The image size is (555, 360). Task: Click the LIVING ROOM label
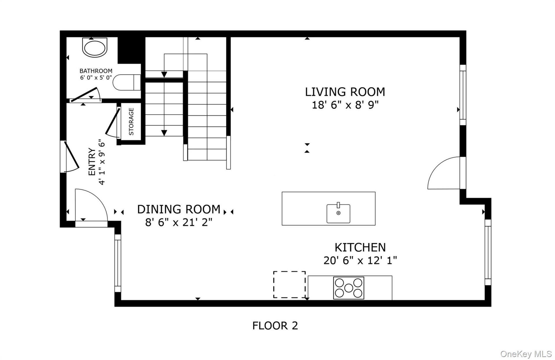[345, 92]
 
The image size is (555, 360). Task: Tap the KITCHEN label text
[360, 248]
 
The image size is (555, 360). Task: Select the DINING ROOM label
[179, 209]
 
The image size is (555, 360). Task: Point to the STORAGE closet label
[131, 121]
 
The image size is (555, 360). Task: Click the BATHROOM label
[96, 71]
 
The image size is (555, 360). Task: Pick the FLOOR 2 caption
[275, 326]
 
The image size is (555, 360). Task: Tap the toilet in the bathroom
[126, 82]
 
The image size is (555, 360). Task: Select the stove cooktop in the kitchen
[349, 288]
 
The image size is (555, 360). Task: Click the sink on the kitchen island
[338, 213]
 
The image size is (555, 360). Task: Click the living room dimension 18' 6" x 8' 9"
[345, 105]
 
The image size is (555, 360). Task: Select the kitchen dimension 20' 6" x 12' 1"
[360, 261]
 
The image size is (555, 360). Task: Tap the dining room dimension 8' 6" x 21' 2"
[179, 222]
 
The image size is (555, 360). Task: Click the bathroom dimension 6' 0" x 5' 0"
[96, 77]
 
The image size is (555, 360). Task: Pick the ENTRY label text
[92, 162]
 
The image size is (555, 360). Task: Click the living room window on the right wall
[463, 95]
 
